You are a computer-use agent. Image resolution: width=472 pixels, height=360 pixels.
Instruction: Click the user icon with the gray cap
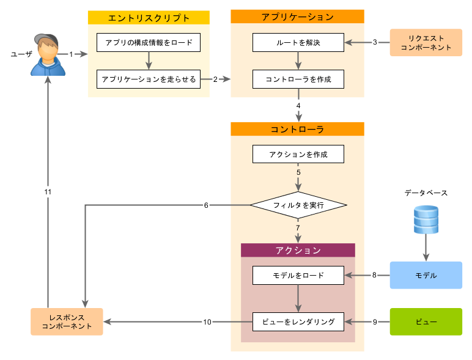tap(48, 55)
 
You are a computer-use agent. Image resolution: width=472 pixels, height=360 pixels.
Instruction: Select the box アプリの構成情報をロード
tap(149, 43)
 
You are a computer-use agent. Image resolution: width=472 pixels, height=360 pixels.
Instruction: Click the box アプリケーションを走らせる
tap(149, 79)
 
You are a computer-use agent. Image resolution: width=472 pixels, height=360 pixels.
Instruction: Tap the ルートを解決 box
tap(298, 43)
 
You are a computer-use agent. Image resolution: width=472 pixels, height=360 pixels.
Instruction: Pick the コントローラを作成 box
tap(298, 79)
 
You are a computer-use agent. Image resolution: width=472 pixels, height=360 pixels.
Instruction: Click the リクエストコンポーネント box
tap(426, 43)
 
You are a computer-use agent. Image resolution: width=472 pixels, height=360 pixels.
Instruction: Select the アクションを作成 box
tap(298, 154)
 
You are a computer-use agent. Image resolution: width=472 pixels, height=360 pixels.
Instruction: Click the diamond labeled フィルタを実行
tap(298, 205)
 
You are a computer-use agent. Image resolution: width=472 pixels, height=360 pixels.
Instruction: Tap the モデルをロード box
tap(298, 276)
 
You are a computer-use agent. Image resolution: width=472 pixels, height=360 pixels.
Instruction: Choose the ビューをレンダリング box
tap(298, 321)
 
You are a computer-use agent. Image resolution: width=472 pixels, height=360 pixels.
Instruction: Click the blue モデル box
tap(426, 275)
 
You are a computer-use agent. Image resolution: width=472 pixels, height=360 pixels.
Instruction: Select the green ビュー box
tap(426, 321)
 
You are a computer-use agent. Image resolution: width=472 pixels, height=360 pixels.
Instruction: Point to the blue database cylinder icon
tap(426, 220)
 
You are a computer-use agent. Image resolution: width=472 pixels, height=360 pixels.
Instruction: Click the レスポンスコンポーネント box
tap(67, 321)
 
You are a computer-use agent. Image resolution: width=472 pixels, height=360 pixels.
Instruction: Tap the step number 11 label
tap(48, 192)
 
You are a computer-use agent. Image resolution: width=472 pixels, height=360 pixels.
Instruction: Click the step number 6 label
tap(206, 205)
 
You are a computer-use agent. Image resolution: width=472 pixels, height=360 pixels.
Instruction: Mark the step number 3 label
tap(375, 42)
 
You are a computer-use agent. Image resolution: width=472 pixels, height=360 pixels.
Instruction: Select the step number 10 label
tap(207, 321)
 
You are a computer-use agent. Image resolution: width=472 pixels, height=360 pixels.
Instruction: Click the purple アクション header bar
tap(298, 250)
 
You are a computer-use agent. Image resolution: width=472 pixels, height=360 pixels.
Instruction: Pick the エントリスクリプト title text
tap(149, 18)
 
